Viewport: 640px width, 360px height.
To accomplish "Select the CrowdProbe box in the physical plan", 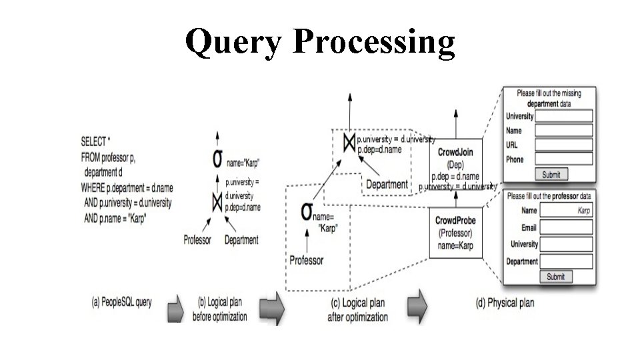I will [x=455, y=233].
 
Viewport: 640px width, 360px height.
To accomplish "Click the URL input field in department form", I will [x=564, y=145].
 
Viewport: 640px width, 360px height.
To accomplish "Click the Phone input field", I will [x=564, y=159].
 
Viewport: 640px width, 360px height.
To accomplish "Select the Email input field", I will [x=566, y=227].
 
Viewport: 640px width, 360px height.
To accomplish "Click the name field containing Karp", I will [x=566, y=211].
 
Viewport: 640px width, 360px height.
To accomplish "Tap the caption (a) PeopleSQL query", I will [x=121, y=302].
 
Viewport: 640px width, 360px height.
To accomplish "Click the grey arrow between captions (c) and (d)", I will [x=418, y=305].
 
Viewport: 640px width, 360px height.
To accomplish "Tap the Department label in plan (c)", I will [x=387, y=184].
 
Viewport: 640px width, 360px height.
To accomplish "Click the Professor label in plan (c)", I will [x=306, y=260].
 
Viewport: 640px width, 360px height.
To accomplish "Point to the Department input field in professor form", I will [x=566, y=261].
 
